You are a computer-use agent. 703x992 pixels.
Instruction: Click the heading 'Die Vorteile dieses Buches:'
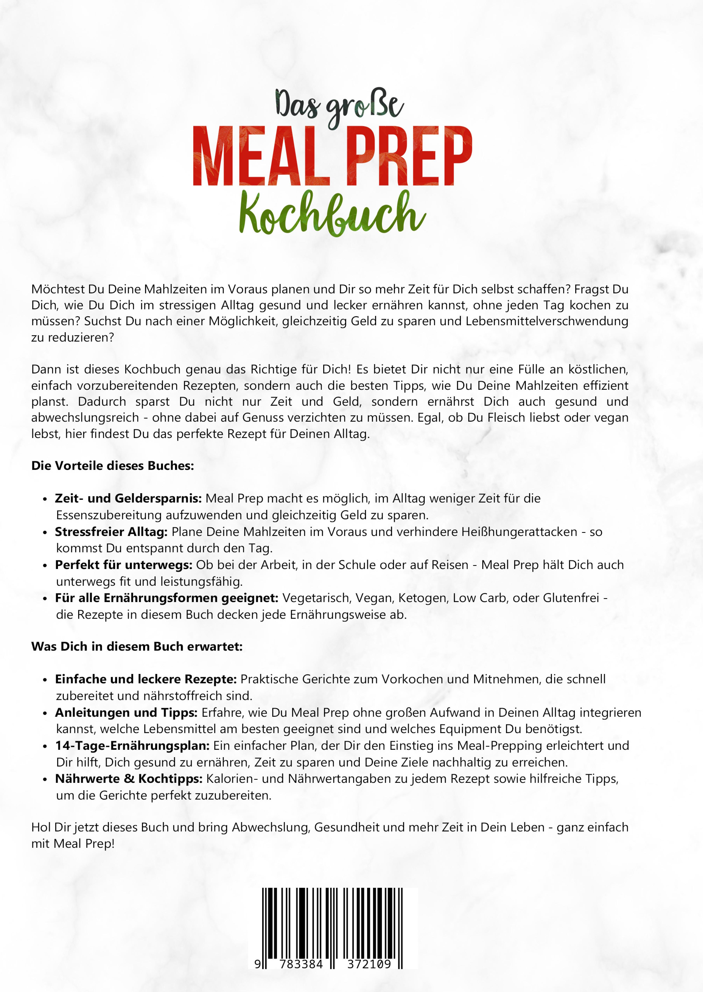pyautogui.click(x=113, y=466)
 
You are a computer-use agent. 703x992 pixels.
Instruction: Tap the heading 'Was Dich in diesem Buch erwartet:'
pyautogui.click(x=137, y=646)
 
